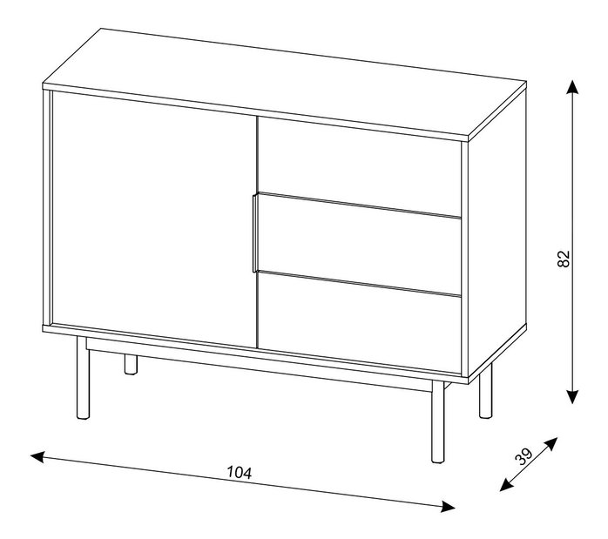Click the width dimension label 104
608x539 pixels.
240,472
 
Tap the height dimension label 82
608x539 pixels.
564,259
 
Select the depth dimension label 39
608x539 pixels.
524,456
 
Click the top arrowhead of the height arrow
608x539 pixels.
572,87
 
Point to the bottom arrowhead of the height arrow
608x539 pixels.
572,397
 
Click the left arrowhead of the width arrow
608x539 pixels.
37,457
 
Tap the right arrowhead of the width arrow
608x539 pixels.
449,506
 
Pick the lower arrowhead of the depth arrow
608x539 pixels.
505,485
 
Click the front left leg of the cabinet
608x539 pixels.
83,378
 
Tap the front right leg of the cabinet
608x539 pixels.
438,421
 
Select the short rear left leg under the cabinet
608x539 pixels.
131,364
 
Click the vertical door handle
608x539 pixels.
254,232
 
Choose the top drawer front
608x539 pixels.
359,165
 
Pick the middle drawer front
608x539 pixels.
359,246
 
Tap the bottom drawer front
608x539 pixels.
359,324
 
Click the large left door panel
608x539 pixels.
154,219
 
